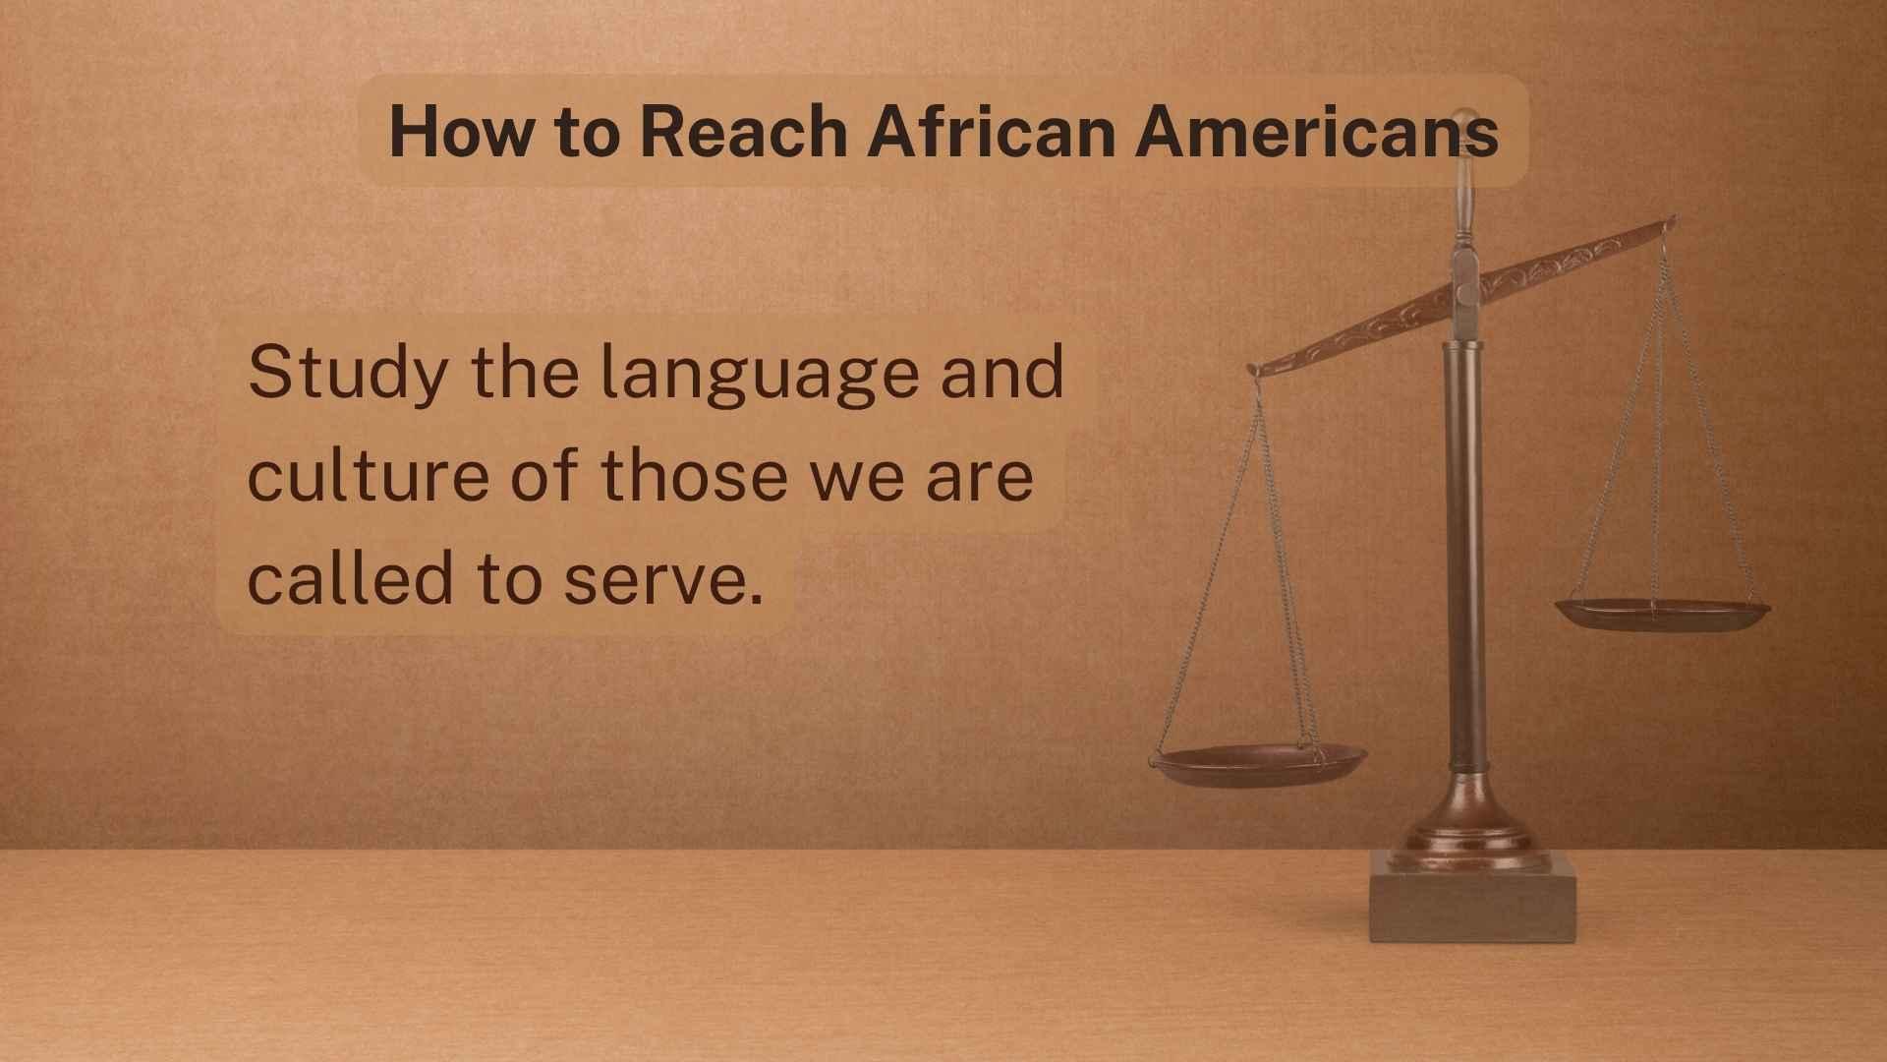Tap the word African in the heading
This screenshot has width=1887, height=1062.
[991, 131]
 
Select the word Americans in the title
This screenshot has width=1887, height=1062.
[1317, 131]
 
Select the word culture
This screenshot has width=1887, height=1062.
[370, 475]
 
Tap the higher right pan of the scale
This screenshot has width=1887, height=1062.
[1662, 613]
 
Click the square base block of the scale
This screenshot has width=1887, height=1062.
[1472, 897]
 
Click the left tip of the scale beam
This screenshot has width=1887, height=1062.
[1253, 370]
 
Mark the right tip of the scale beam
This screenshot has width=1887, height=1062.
[1672, 222]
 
